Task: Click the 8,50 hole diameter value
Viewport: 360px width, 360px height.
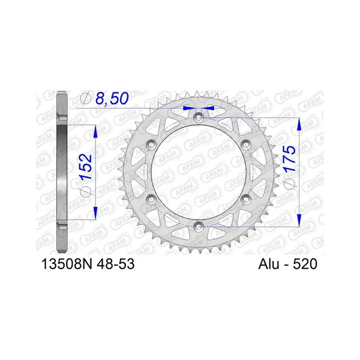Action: click(x=112, y=98)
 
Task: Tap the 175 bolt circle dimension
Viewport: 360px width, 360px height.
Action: click(x=289, y=158)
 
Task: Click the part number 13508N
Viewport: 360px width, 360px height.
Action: click(x=67, y=264)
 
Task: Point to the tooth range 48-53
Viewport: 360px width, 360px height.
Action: click(x=116, y=264)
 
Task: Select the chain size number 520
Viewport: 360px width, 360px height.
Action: click(x=305, y=264)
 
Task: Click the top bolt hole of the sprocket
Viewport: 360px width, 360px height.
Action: click(x=199, y=118)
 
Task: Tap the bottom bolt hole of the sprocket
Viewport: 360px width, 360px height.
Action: click(x=199, y=227)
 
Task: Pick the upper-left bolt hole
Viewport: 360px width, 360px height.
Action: click(x=151, y=145)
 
